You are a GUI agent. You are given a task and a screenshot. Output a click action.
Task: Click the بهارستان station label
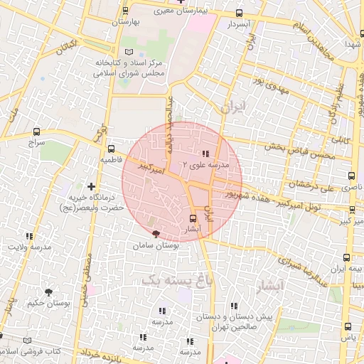127,21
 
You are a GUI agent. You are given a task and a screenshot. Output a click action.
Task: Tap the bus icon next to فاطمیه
111,149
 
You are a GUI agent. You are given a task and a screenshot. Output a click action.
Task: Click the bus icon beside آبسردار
239,13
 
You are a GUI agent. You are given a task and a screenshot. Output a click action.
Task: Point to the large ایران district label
232,107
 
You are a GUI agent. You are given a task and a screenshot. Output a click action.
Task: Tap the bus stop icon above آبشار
193,218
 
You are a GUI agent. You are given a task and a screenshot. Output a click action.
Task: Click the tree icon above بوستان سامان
156,234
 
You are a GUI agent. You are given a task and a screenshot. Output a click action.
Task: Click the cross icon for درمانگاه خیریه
90,186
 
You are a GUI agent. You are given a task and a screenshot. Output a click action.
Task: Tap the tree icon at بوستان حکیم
48,292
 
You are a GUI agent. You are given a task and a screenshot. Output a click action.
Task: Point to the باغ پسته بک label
177,279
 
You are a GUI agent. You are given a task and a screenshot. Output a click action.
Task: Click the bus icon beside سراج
36,132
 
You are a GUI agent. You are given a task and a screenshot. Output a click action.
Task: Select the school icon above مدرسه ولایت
29,236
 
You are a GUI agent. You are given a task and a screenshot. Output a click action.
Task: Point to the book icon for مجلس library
129,53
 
